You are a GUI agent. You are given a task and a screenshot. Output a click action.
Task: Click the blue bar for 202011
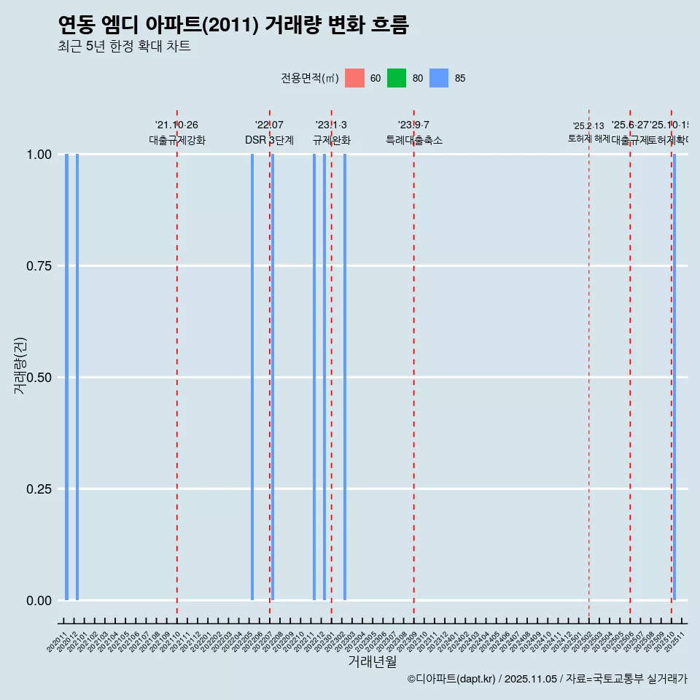coord(66,377)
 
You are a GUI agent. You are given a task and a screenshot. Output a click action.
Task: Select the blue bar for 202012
coord(77,377)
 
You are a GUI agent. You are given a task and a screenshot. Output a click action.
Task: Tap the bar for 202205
coord(252,377)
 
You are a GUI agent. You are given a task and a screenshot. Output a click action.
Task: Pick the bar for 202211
coord(314,377)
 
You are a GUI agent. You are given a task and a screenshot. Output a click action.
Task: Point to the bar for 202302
coord(345,377)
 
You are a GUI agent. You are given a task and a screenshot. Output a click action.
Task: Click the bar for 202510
coord(674,377)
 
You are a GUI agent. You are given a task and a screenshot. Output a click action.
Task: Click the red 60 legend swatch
coord(354,78)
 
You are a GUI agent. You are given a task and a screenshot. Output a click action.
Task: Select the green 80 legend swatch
coord(397,78)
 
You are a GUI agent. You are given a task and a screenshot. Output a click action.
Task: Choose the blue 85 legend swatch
coord(439,78)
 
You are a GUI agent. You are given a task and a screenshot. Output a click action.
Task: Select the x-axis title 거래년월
coord(373,662)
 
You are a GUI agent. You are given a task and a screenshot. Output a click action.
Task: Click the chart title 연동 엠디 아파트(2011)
coord(233,25)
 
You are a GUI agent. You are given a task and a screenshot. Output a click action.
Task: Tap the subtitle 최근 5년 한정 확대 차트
coord(124,47)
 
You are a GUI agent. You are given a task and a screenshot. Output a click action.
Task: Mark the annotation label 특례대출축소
coord(414,140)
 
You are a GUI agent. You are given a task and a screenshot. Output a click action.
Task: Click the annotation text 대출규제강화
coord(177,140)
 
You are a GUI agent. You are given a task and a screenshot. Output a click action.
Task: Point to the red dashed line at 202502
coord(589,365)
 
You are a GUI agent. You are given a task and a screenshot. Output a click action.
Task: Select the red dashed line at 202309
coord(414,365)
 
